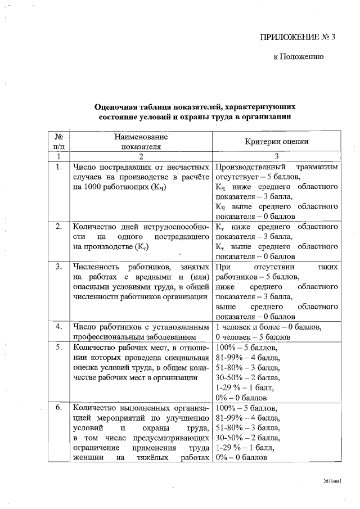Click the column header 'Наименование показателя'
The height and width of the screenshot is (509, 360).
(141, 142)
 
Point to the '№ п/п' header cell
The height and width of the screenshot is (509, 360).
(58, 142)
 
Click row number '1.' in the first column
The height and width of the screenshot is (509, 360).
(58, 167)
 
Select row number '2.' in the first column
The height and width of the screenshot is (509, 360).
(58, 227)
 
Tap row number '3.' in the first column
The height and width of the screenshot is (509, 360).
(58, 266)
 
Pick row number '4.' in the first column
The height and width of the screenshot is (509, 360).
(58, 326)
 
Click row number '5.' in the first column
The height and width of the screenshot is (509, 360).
(58, 347)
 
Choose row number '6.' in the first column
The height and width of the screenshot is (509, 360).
(58, 407)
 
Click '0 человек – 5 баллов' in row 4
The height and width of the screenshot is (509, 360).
(253, 337)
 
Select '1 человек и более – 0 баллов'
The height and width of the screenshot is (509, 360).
(268, 327)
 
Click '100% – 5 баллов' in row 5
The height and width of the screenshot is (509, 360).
(244, 348)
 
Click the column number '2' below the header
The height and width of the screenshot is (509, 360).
(141, 156)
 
